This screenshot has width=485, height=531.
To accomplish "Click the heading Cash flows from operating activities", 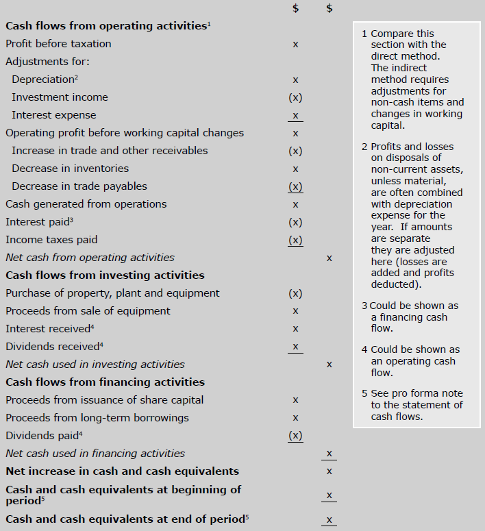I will tap(106, 26).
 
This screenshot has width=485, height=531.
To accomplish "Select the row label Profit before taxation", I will tap(58, 44).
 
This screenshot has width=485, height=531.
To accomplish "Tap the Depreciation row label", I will tap(43, 79).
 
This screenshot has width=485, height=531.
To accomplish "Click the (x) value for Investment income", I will tap(295, 97).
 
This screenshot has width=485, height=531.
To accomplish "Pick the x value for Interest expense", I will tap(295, 115).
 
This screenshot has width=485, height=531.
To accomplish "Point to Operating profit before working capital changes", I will tap(125, 133).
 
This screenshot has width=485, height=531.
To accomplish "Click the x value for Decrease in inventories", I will tap(295, 169).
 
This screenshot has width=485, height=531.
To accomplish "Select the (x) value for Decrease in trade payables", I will tap(295, 186).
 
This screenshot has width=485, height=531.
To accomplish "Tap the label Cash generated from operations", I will tap(86, 204).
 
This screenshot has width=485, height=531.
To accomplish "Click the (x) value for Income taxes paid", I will tap(295, 240).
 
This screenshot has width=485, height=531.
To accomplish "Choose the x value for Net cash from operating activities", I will tap(329, 258).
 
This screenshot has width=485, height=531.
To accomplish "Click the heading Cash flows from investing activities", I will tap(105, 275).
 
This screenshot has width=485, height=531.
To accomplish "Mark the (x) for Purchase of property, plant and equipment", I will tap(295, 293).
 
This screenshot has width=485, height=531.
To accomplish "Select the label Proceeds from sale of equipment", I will tap(88, 311).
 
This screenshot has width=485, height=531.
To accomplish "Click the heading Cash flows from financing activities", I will tap(105, 382).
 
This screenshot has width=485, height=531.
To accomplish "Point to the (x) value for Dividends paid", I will tap(295, 435).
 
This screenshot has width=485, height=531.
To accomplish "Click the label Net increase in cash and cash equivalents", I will tap(122, 471).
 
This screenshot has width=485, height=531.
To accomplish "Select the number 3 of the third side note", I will tap(364, 306).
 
